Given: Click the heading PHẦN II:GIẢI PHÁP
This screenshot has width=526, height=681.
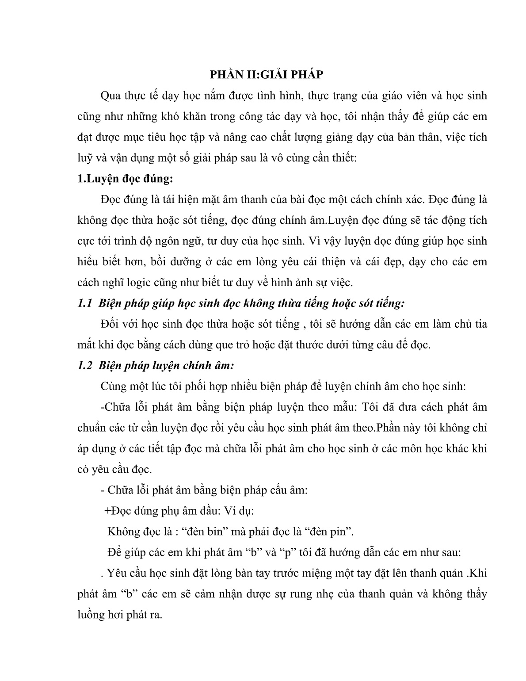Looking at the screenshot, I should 266,74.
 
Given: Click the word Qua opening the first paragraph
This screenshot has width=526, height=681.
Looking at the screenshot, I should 111,96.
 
